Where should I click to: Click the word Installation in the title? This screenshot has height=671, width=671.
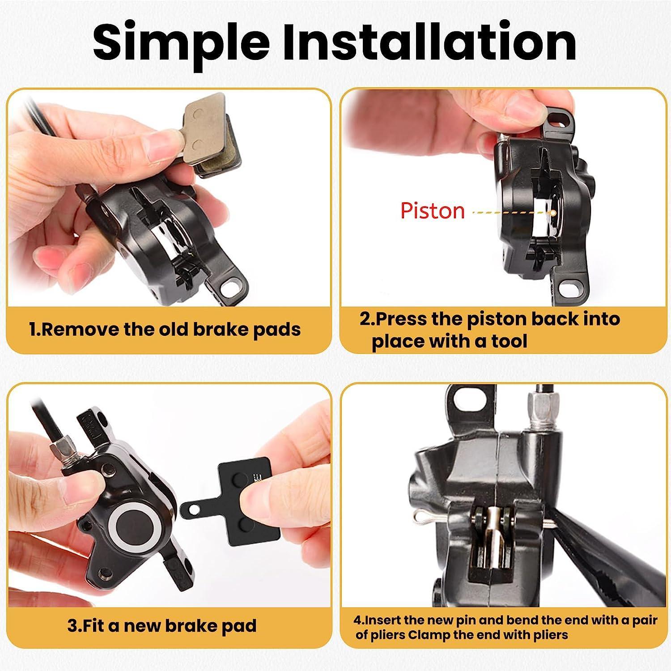(430, 40)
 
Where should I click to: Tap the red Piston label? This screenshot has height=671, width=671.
(433, 210)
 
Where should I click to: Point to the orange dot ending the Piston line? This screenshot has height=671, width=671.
(553, 213)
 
